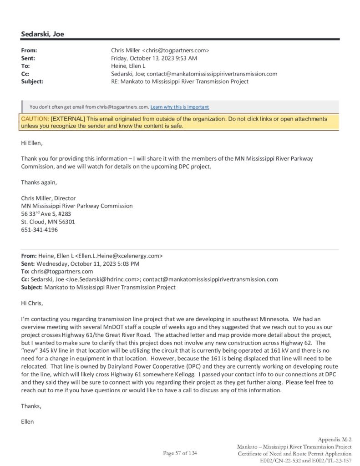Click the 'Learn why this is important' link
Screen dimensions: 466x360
coord(180,107)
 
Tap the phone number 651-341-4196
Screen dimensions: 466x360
coord(40,230)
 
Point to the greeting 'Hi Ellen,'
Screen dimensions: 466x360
coord(31,143)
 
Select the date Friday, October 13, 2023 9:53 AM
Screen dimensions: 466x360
coord(154,58)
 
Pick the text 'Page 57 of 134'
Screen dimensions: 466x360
coord(180,453)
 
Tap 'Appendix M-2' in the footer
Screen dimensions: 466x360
coord(335,439)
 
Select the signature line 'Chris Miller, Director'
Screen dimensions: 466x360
coord(48,198)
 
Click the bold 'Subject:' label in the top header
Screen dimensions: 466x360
coord(32,81)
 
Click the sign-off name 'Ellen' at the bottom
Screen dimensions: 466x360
coord(27,421)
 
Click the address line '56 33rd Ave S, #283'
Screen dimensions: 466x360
coord(46,213)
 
